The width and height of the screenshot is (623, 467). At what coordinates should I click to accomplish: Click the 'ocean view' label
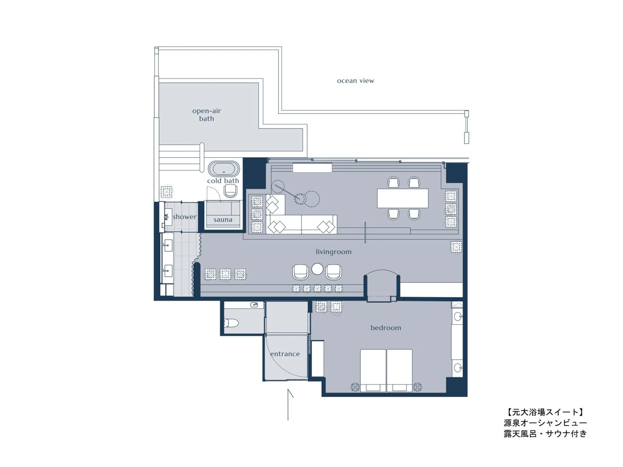coord(356,81)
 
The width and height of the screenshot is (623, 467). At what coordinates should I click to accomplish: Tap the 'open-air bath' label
coord(206,115)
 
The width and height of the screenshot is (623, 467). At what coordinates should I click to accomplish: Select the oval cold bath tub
coord(224,169)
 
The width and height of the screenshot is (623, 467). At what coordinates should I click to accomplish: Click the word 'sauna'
coord(223,220)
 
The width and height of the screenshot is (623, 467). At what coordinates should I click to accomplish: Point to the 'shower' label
coord(184,217)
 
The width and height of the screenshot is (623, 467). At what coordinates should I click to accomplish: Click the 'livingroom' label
coord(334,252)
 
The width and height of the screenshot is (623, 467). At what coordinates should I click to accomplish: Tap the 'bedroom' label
coord(386,328)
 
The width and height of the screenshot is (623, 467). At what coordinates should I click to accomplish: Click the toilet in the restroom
coord(231,323)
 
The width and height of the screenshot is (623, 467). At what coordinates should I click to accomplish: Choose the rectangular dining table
coord(402,198)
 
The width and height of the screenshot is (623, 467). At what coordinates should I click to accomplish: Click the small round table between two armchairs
coord(317,269)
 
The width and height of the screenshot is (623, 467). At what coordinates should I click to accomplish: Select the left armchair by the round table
coord(300,272)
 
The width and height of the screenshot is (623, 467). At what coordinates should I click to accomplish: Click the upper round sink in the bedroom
coord(457,316)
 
